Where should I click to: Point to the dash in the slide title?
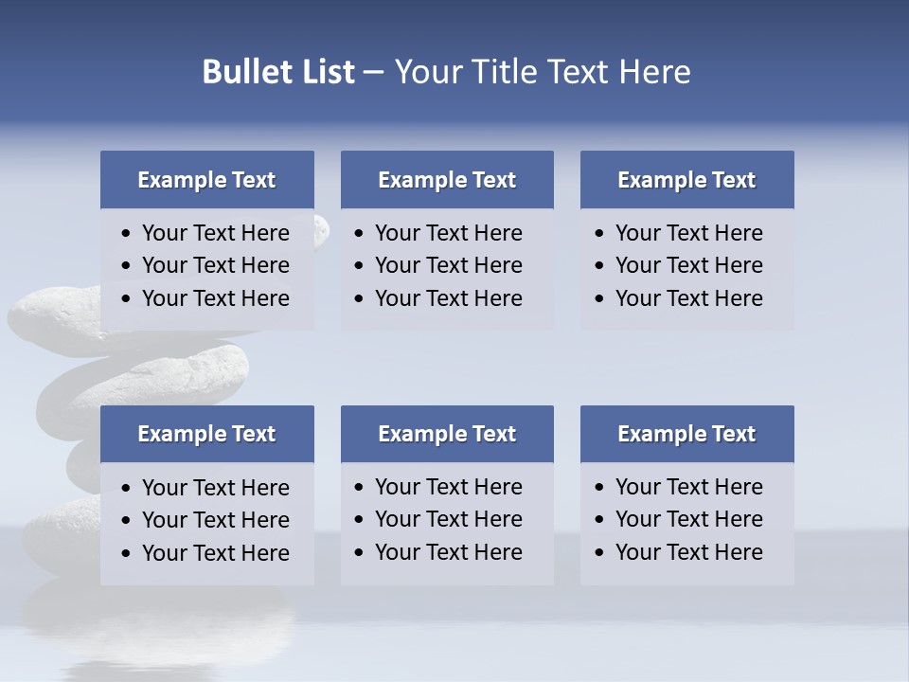tap(373, 73)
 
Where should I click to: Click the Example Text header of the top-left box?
tap(206, 180)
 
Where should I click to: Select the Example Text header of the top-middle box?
tap(447, 180)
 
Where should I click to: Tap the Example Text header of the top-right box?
tap(686, 180)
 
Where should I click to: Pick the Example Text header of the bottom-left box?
tap(206, 434)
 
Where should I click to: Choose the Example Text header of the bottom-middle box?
tap(447, 434)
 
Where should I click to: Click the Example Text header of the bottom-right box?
tap(686, 434)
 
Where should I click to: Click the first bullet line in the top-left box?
tap(215, 233)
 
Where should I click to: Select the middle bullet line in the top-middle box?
tap(448, 265)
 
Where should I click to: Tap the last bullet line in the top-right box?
tap(688, 298)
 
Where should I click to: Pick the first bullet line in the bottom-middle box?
tap(448, 487)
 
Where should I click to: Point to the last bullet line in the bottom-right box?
tap(688, 552)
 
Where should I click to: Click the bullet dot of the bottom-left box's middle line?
tap(127, 521)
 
